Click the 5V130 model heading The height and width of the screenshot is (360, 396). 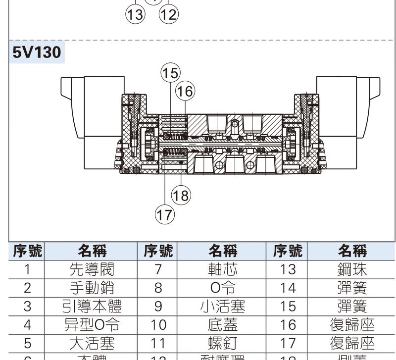(36, 52)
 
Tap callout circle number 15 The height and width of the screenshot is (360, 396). (170, 73)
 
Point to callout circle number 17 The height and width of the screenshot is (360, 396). (165, 214)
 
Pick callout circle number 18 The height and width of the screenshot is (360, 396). (181, 196)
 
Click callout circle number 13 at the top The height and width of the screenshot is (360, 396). (135, 14)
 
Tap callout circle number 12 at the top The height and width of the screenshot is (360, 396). (168, 14)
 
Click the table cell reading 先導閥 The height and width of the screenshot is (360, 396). (92, 269)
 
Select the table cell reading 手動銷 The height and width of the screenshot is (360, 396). (92, 288)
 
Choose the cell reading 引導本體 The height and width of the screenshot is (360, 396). (92, 307)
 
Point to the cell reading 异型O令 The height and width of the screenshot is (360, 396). (92, 325)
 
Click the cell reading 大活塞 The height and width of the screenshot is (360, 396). (92, 343)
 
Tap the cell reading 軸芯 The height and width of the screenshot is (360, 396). (222, 269)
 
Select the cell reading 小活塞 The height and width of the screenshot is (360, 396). (222, 307)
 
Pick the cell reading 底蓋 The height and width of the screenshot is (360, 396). (222, 325)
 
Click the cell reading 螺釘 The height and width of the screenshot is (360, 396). (222, 343)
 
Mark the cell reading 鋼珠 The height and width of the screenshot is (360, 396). (352, 269)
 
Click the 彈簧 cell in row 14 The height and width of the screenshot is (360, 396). (352, 288)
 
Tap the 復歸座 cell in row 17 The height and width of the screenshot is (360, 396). (352, 343)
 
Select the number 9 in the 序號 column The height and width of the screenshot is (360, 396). (158, 307)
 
